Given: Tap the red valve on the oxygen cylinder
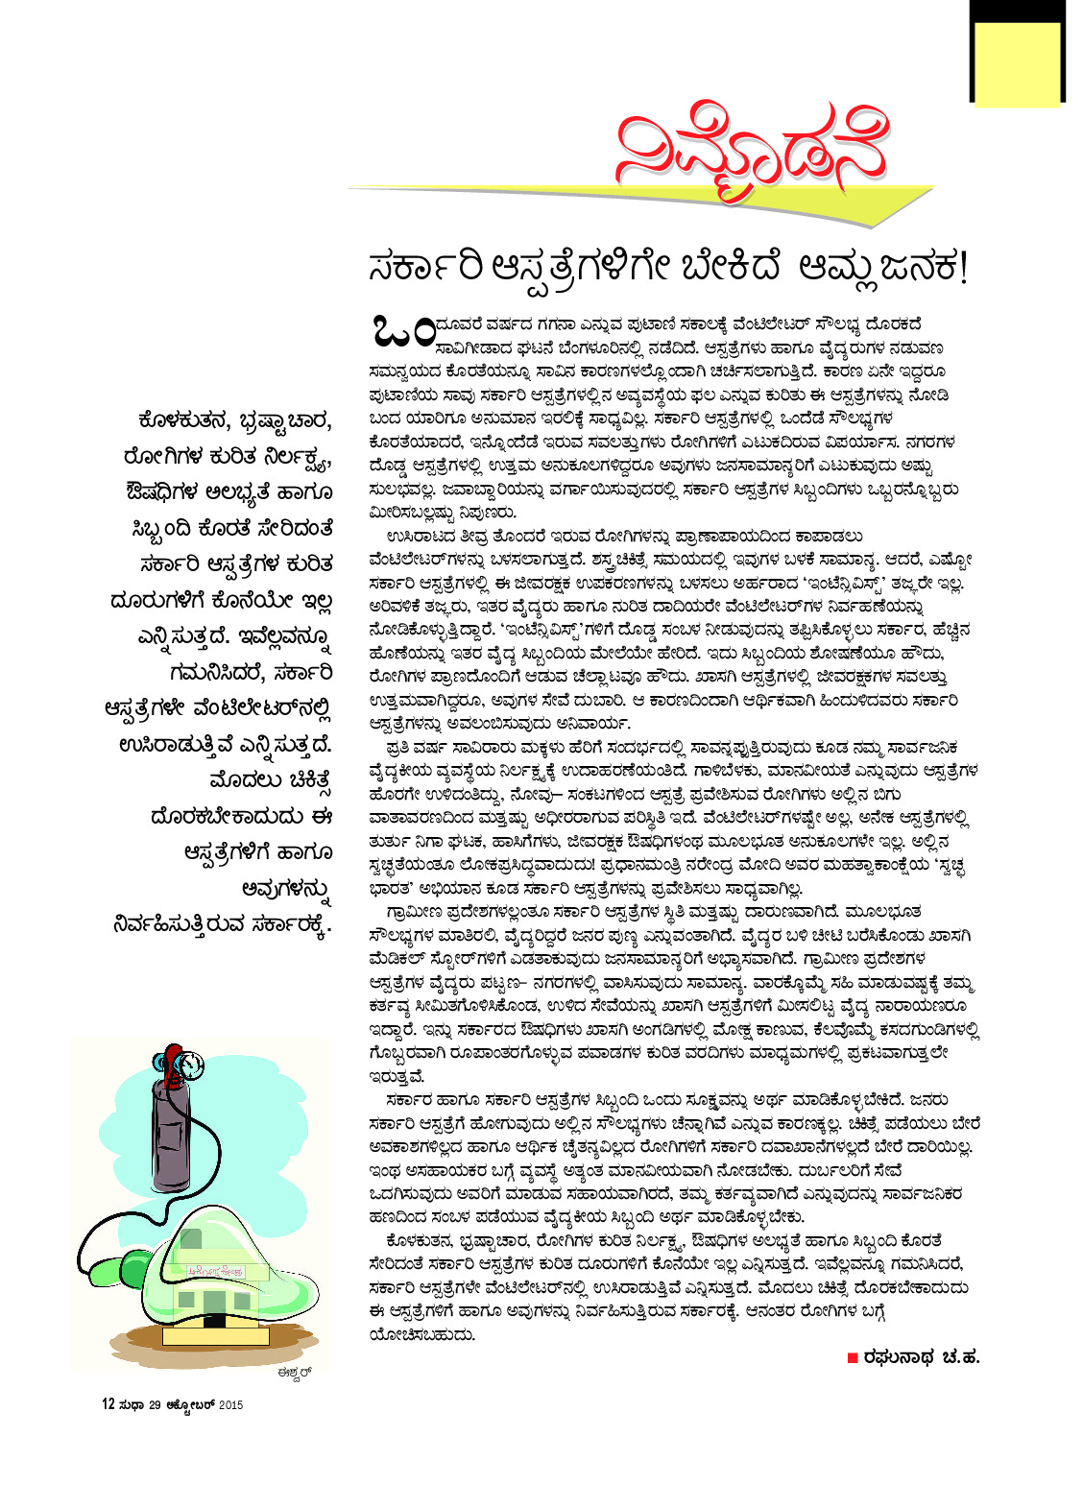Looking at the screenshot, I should click(x=170, y=1061).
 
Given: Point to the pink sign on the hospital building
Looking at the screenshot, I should click(x=216, y=1272).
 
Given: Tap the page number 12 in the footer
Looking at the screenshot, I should click(x=108, y=1404).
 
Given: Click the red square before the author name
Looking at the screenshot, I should click(x=852, y=1357).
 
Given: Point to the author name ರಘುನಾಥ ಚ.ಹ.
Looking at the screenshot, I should click(x=920, y=1357).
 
